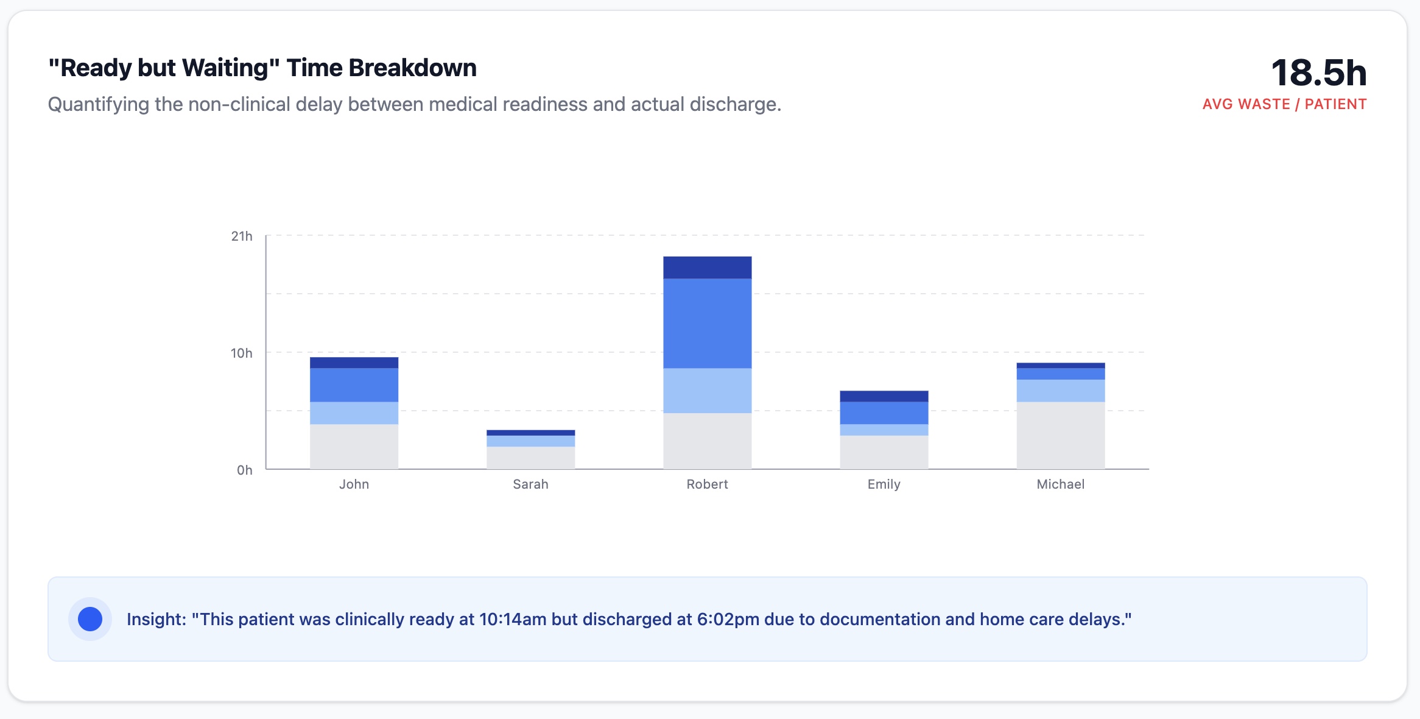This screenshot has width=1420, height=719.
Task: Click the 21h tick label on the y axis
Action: pos(241,236)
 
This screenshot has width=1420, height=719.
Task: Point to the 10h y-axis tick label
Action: pos(241,353)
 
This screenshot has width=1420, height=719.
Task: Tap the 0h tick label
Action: pos(244,470)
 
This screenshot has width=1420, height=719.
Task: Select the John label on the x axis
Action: pos(354,484)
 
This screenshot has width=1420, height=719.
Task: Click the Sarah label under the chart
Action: pos(530,484)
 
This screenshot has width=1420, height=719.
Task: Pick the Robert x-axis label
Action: pos(707,484)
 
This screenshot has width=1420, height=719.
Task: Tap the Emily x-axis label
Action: pos(884,484)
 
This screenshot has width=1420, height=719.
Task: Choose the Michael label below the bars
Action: pos(1060,484)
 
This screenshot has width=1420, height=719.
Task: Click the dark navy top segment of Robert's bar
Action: pos(707,267)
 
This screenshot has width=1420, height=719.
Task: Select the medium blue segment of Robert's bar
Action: pos(707,323)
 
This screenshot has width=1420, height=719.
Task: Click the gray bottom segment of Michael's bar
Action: pos(1060,435)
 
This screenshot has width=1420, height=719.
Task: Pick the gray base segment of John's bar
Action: pos(354,447)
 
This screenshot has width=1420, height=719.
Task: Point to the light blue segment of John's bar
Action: pos(354,413)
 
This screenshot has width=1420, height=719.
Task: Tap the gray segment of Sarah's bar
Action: pos(530,458)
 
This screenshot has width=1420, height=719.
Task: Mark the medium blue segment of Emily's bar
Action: pos(884,413)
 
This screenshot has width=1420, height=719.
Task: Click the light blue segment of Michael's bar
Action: pos(1060,391)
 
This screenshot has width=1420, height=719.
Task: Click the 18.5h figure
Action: pos(1318,73)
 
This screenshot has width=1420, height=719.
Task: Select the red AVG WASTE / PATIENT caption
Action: pos(1284,104)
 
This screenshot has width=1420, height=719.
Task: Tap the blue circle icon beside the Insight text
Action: pos(90,619)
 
